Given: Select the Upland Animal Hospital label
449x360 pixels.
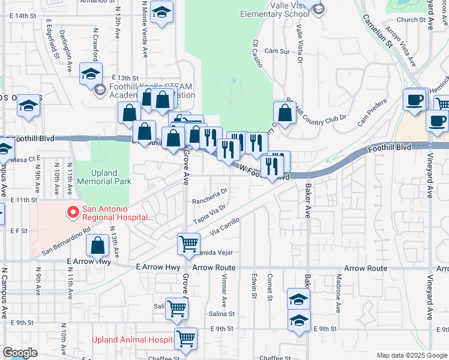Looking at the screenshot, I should (132, 340).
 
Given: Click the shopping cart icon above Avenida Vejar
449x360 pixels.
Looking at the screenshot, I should (188, 244).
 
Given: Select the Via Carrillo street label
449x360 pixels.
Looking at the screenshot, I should (225, 226).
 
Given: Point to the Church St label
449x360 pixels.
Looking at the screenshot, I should (415, 20).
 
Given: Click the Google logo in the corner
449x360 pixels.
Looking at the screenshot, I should (20, 353).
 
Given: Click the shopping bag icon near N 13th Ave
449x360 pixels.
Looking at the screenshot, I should (97, 245).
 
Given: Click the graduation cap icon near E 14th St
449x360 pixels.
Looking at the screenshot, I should (161, 13).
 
